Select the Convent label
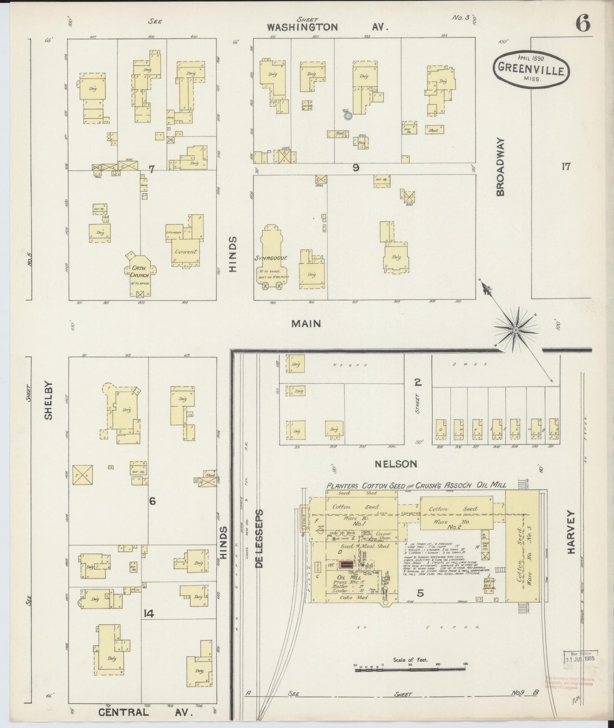(x=186, y=251)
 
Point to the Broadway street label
(x=500, y=166)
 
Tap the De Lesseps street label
(x=260, y=539)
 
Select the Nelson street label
(x=396, y=464)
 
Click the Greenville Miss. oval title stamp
(x=531, y=68)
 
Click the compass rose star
(x=515, y=330)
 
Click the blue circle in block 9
(x=348, y=115)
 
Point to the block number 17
(x=566, y=166)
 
